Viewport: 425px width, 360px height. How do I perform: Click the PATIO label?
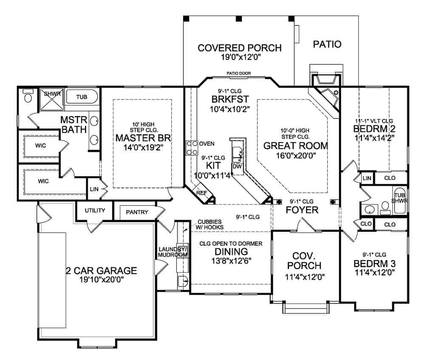pyautogui.click(x=327, y=44)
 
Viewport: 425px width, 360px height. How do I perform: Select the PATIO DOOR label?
pyautogui.click(x=238, y=74)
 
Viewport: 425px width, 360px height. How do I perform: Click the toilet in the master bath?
pyautogui.click(x=28, y=96)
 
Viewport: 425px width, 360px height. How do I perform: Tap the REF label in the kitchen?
pyautogui.click(x=202, y=193)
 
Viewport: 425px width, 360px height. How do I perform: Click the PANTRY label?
pyautogui.click(x=137, y=212)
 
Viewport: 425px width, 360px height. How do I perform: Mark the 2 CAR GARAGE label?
pyautogui.click(x=101, y=270)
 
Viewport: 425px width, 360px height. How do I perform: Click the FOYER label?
pyautogui.click(x=302, y=210)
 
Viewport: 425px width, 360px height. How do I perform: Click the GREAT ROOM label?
pyautogui.click(x=296, y=146)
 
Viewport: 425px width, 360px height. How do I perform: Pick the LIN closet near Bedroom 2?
pyautogui.click(x=367, y=179)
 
